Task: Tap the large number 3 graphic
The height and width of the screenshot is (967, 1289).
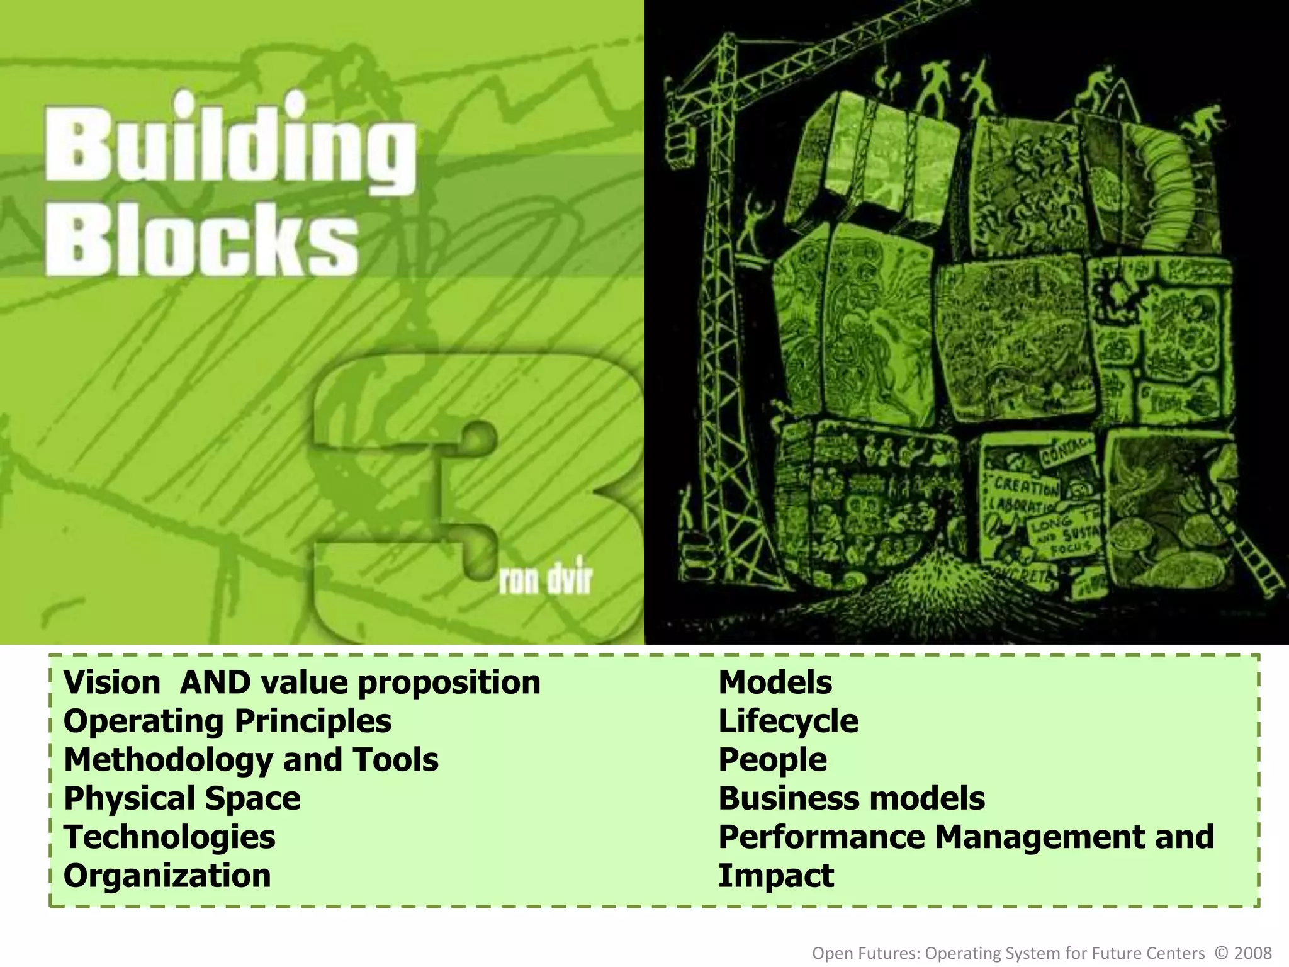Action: point(478,497)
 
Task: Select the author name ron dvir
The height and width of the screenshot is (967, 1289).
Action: point(546,580)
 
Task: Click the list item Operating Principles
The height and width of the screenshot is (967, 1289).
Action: point(227,721)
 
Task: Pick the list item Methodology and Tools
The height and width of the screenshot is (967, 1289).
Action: point(250,759)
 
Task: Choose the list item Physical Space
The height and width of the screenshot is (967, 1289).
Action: point(182,798)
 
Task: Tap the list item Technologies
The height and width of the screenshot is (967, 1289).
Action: point(169,837)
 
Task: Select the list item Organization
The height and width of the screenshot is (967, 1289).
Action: point(167,876)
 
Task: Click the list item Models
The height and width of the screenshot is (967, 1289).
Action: point(775,682)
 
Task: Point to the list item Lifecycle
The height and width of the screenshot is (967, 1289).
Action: point(788,721)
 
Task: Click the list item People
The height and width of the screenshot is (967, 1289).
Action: point(772,759)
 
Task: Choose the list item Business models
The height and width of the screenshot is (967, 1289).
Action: point(852,798)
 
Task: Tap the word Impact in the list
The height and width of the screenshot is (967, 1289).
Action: point(775,876)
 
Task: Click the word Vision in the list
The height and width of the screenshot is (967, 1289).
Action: point(112,682)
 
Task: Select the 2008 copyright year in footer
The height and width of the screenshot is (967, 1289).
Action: point(1253,953)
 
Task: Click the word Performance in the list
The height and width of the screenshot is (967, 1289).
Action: point(821,837)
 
